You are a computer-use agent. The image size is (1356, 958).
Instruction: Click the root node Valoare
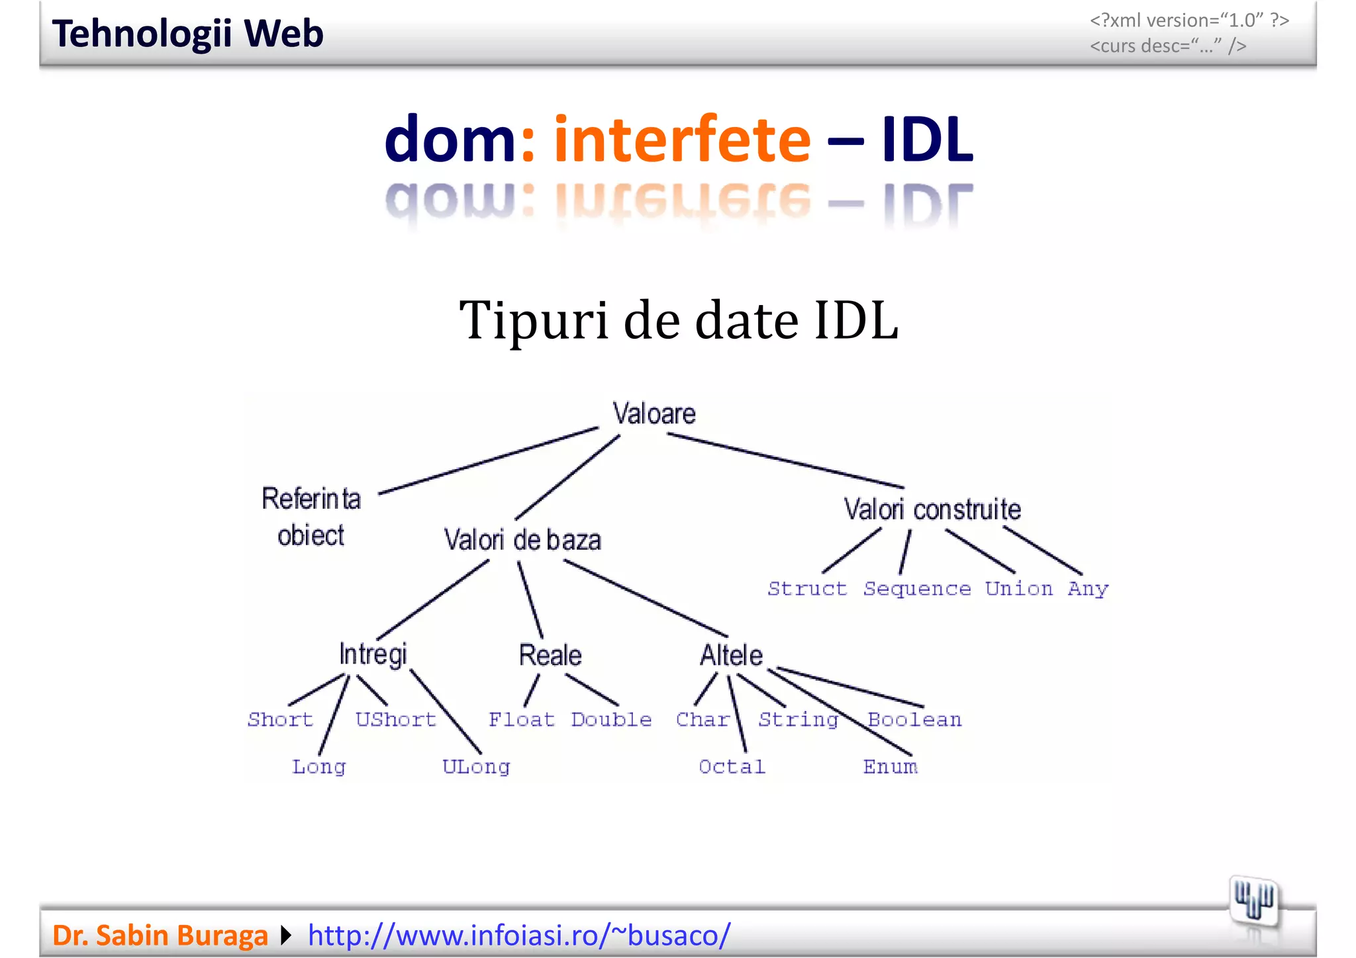(654, 414)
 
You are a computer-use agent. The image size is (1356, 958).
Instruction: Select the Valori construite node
(932, 509)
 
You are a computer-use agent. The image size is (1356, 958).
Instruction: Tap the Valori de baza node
(522, 540)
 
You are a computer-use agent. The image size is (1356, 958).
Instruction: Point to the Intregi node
(373, 654)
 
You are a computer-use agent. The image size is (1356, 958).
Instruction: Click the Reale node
(550, 655)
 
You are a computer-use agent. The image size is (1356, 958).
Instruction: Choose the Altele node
(732, 655)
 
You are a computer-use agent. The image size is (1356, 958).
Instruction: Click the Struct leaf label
(807, 588)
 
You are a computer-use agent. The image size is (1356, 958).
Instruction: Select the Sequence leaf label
(917, 589)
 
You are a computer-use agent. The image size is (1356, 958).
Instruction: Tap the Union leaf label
(1018, 588)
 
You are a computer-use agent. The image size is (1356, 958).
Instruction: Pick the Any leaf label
(1088, 589)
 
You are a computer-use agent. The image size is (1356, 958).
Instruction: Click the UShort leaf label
(396, 719)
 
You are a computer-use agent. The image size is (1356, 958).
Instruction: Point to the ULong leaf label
(476, 767)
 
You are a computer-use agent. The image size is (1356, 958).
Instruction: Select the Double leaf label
(611, 719)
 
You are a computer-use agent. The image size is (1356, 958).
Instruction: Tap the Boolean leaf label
(914, 719)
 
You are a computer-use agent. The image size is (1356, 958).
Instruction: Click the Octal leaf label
(732, 767)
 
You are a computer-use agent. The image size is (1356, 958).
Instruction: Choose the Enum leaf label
(891, 767)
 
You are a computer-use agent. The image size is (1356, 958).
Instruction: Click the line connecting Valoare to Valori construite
(785, 460)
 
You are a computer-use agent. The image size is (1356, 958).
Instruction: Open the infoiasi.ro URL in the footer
(519, 935)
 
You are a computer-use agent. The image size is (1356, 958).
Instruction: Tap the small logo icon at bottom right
(1253, 900)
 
